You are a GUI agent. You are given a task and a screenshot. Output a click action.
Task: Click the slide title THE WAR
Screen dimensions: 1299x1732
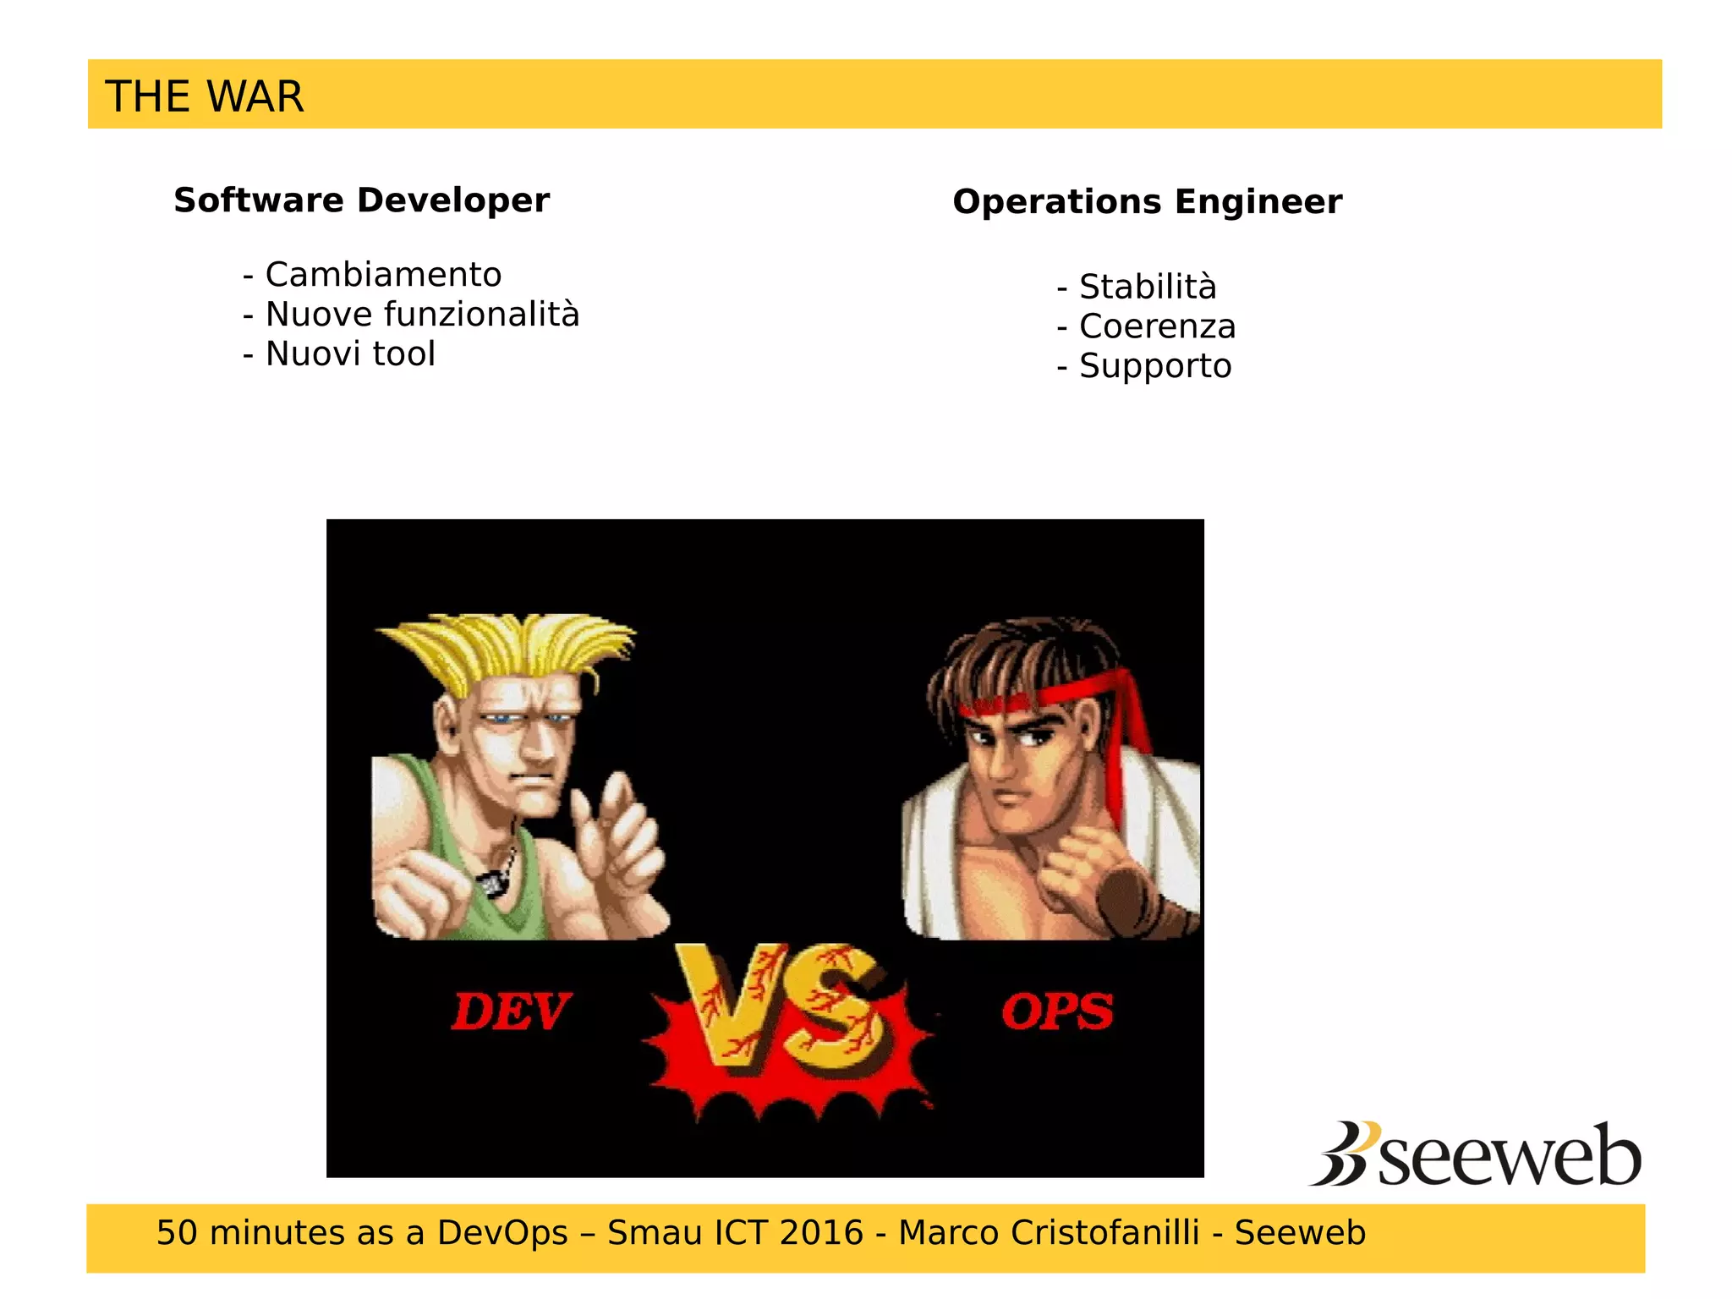tap(204, 96)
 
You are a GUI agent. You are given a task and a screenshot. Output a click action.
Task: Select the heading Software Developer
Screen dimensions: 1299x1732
tap(361, 200)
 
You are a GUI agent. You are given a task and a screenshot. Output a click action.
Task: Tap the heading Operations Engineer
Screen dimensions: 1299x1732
tap(1147, 202)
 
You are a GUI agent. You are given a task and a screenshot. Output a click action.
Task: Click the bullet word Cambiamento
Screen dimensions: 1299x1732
tap(383, 275)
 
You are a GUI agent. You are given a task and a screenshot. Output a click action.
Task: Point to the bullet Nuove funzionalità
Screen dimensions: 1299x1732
tap(421, 315)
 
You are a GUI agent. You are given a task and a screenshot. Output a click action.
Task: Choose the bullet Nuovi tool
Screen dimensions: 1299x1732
tap(350, 354)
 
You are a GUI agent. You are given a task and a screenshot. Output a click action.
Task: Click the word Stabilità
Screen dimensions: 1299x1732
tap(1148, 288)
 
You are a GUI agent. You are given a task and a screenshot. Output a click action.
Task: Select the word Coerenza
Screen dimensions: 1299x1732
tap(1157, 326)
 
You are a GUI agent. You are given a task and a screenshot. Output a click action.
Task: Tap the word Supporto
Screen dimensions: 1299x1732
tap(1155, 366)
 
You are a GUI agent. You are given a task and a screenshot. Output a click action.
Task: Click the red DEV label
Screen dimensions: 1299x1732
tap(511, 1011)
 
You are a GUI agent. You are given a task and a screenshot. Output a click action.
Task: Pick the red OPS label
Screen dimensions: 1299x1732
tap(1057, 1011)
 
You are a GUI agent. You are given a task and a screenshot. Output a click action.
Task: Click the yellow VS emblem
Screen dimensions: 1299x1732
tap(782, 1006)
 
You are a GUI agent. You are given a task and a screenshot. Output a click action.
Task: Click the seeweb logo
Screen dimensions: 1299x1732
tap(1476, 1155)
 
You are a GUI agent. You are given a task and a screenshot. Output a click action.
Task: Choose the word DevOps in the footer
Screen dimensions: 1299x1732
tap(502, 1233)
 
